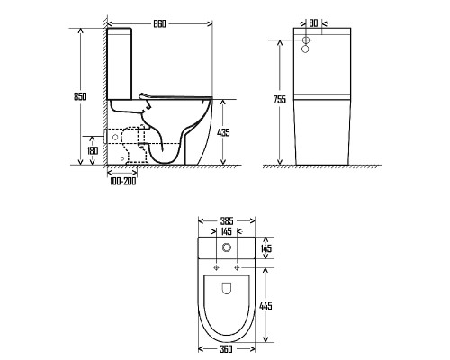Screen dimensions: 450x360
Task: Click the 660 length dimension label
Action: coord(159,24)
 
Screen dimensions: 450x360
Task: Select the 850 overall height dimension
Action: coord(80,96)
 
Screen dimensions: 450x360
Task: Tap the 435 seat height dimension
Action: coord(223,132)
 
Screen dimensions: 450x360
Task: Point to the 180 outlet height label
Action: coord(93,150)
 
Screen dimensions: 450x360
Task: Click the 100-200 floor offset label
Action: coord(122,181)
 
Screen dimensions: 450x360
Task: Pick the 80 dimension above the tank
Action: coord(313,23)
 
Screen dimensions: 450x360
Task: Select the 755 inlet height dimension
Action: coord(280,99)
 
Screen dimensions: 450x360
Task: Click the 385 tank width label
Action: coord(227,221)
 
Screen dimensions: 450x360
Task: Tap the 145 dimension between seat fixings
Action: coord(226,231)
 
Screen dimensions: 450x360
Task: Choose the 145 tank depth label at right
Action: coord(266,248)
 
